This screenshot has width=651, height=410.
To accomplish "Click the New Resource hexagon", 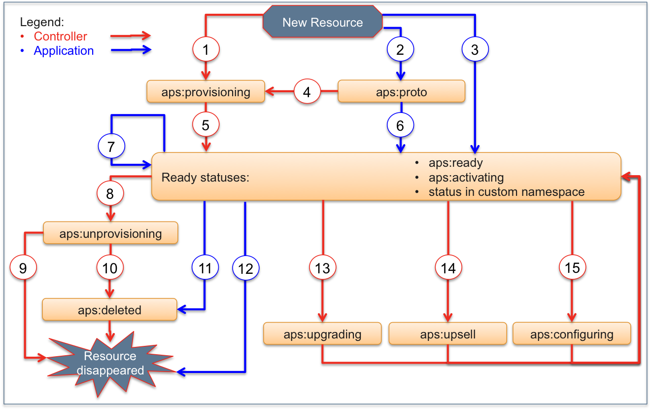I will [x=322, y=23].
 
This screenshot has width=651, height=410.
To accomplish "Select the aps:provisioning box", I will [x=206, y=92].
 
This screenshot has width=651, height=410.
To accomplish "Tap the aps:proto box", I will [x=401, y=92].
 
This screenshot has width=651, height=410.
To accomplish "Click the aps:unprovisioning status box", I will [x=110, y=233].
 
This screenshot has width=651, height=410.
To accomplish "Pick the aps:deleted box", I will [x=109, y=310].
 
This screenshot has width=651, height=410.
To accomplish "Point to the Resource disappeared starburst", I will [x=110, y=364].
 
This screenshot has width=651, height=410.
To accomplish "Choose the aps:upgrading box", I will [x=322, y=334].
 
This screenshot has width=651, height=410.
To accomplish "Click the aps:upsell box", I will [x=447, y=334].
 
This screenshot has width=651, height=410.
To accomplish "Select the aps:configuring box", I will [x=572, y=334].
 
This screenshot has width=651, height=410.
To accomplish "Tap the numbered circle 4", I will [x=307, y=92].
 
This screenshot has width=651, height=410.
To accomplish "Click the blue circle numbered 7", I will [x=111, y=147].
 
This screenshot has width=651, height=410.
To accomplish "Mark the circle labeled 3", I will [x=475, y=49].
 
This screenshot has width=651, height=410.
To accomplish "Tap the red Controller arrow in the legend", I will [x=131, y=37].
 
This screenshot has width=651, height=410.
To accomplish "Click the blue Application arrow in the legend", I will [x=131, y=50].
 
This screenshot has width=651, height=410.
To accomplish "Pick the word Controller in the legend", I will [x=60, y=37].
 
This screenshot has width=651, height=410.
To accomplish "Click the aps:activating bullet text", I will [x=466, y=178].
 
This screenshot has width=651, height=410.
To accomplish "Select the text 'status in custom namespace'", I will [x=506, y=192].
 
